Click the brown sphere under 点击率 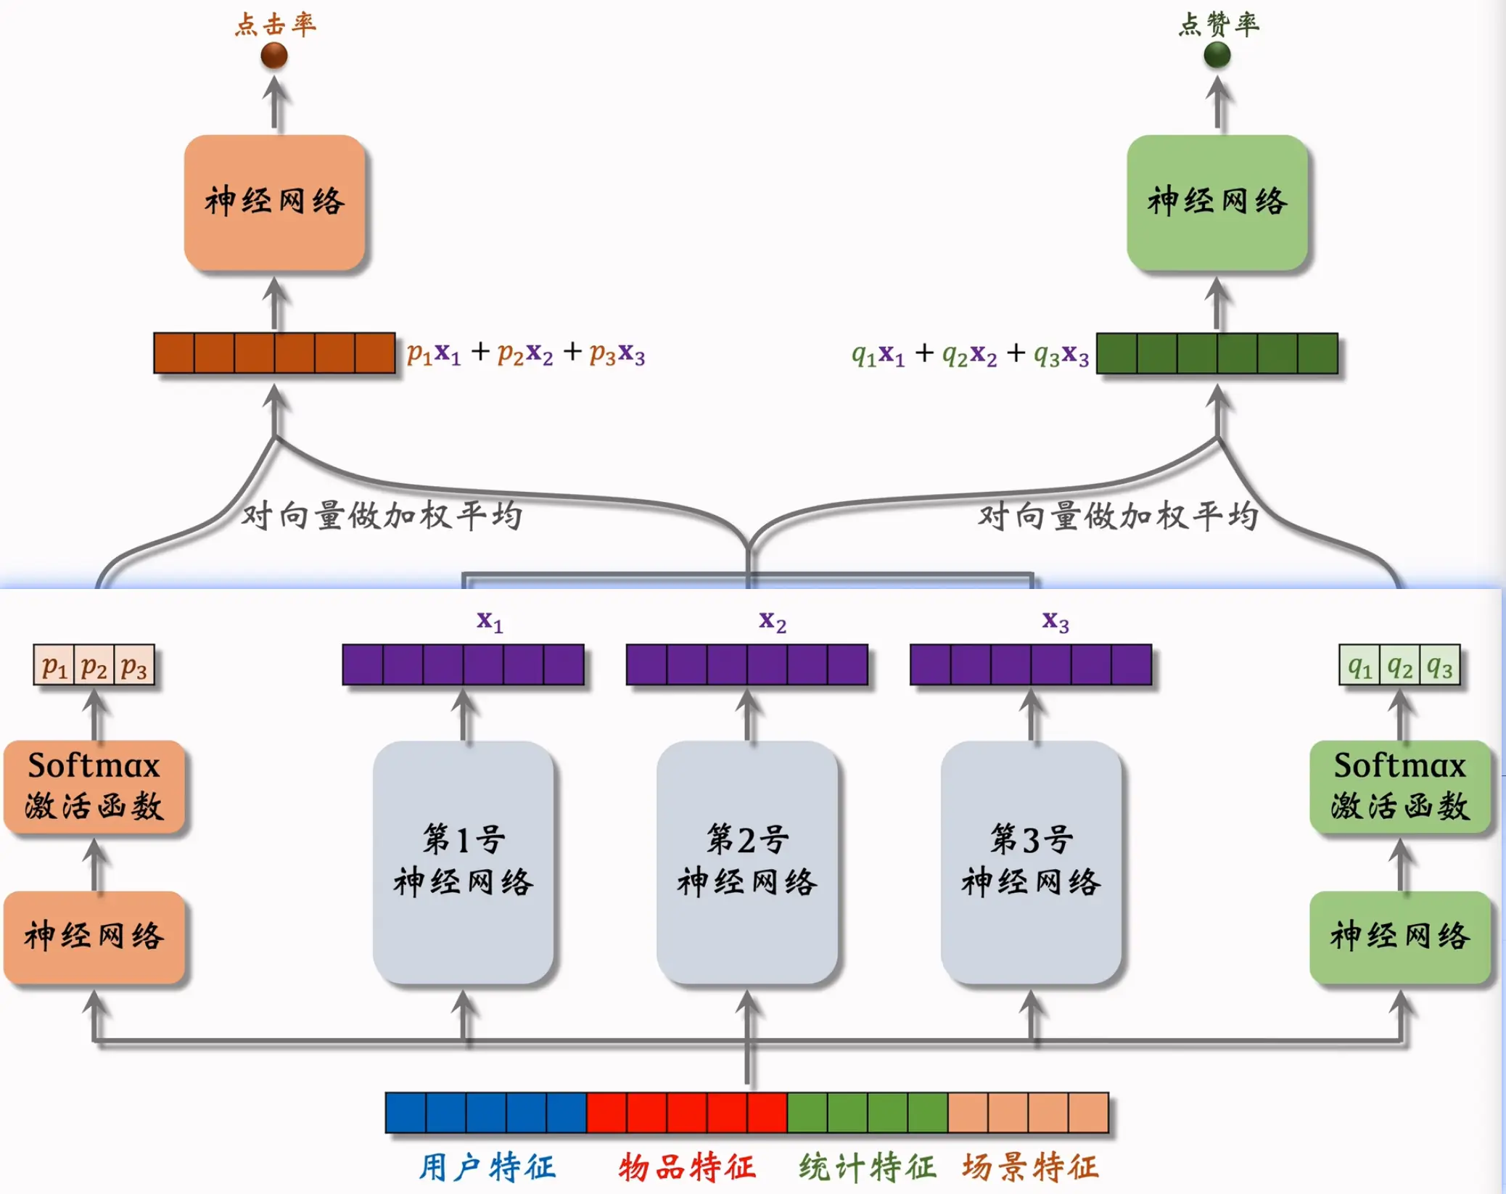coord(274,55)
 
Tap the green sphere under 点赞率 coord(1217,54)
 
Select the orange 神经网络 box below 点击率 coord(274,202)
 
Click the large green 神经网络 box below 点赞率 coord(1217,202)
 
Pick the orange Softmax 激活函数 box coord(94,786)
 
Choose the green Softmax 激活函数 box coord(1399,786)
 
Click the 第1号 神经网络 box coord(464,862)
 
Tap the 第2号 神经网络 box coord(747,862)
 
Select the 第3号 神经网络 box coord(1031,862)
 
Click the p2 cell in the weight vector coord(94,665)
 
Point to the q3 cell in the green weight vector coord(1439,665)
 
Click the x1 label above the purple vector coord(490,621)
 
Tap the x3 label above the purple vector coord(1056,621)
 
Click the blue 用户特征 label coord(487,1167)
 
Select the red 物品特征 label coord(687,1167)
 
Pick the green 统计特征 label coord(868,1167)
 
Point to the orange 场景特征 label coord(1030,1167)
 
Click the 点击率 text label coord(275,25)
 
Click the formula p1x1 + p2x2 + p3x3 coord(525,353)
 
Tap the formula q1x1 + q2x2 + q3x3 coord(970,354)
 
